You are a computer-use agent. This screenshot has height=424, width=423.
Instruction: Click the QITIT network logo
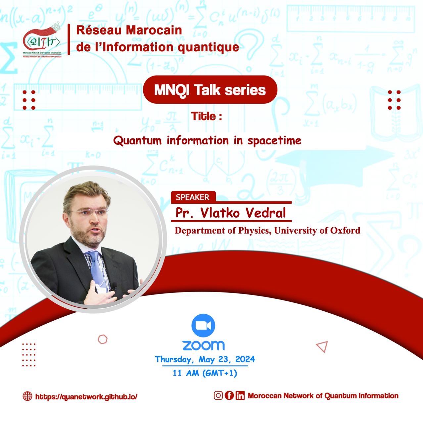click(42, 40)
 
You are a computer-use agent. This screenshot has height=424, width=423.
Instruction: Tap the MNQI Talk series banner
click(210, 89)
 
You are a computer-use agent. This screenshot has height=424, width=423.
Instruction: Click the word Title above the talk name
click(203, 116)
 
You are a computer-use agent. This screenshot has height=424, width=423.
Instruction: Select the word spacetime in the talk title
click(274, 141)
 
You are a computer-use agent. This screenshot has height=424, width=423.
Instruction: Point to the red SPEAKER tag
click(193, 197)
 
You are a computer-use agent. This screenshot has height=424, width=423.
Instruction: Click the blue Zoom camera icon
click(203, 325)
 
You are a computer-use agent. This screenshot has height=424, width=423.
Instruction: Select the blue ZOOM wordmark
click(204, 345)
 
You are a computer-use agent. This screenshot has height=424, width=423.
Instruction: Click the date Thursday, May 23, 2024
click(205, 359)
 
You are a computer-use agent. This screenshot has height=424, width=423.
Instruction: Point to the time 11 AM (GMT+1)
click(205, 373)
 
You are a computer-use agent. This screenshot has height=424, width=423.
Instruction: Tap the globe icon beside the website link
click(27, 396)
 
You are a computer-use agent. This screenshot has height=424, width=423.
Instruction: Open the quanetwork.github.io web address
click(86, 397)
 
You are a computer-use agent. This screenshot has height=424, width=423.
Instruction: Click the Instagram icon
click(218, 396)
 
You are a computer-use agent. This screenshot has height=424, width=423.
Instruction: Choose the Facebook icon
click(229, 396)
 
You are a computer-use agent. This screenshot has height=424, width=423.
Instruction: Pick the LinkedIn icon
click(240, 396)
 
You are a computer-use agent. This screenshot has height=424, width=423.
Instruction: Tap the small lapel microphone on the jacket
click(114, 286)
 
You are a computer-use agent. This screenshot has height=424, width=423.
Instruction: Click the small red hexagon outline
click(103, 339)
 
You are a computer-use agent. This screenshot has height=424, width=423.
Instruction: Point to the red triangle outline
click(322, 346)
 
